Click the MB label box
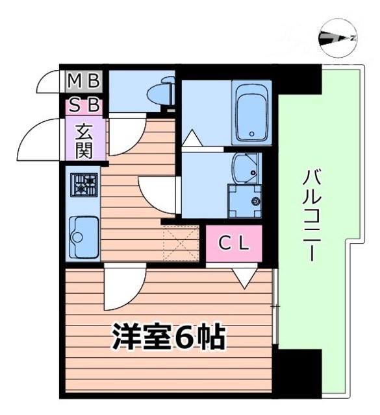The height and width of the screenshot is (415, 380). tap(84, 81)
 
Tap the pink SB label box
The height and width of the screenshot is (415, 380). tap(84, 104)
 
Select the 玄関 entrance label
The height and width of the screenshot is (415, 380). tap(84, 141)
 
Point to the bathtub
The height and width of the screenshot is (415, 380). tap(252, 113)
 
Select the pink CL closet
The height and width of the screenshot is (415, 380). tap(234, 243)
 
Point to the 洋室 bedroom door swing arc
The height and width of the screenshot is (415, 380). tap(123, 290)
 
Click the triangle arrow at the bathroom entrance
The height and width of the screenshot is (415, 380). tap(193, 138)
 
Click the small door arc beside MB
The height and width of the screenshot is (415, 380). tap(51, 81)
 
